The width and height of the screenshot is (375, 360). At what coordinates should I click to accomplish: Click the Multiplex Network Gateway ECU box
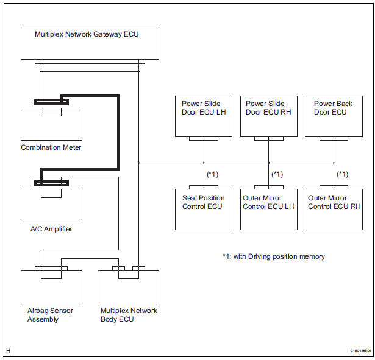pos(90,43)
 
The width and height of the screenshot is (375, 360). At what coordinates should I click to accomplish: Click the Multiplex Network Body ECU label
pos(129,315)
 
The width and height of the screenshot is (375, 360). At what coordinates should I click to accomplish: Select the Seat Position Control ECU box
pos(203,209)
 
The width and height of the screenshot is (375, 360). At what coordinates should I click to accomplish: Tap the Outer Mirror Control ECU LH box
pos(268,209)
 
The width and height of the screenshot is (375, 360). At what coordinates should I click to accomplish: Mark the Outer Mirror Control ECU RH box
pos(334,209)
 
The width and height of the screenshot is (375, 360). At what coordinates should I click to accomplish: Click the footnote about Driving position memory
pos(273,256)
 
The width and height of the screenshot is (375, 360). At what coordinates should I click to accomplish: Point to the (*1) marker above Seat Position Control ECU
pos(213,174)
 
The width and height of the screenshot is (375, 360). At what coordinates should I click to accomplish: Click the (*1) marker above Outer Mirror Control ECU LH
pos(277,174)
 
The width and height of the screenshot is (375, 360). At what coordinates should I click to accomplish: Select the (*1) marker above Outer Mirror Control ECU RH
pos(343,174)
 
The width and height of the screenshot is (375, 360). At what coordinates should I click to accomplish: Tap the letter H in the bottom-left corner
pos(8,351)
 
